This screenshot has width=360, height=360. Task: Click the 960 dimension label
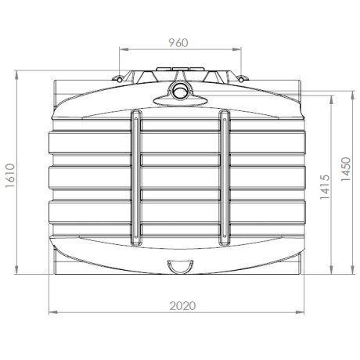179,42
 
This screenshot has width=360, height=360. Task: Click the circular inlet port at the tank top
181,92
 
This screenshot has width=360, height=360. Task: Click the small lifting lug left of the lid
118,77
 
